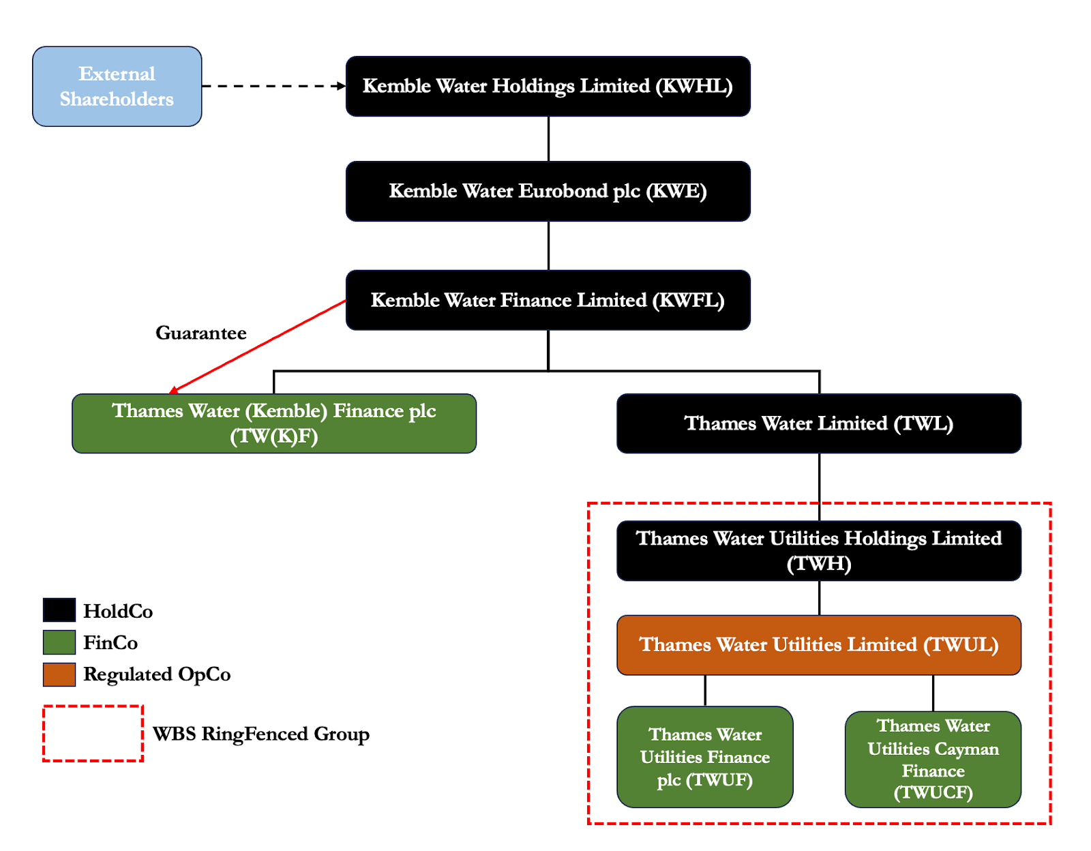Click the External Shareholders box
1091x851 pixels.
click(117, 86)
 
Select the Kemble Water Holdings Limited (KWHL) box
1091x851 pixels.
click(548, 86)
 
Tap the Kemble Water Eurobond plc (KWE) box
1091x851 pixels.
click(548, 191)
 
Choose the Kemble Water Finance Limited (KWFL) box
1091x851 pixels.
click(548, 300)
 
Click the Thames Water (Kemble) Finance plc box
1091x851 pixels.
click(273, 423)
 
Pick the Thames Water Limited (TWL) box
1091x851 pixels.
click(818, 423)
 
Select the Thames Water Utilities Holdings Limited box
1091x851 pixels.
click(818, 550)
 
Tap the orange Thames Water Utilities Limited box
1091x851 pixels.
click(818, 644)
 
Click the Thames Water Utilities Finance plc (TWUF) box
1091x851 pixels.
click(704, 757)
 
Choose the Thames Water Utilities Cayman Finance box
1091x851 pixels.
click(933, 759)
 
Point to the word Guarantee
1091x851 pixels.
click(200, 333)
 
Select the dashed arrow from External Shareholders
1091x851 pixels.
click(273, 86)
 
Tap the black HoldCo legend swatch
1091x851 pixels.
click(59, 610)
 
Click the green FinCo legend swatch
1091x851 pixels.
click(59, 642)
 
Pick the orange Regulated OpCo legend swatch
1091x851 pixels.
click(59, 674)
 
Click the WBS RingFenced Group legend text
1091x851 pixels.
click(260, 734)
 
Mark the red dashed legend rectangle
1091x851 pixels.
click(93, 706)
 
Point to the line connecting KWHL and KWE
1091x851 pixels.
click(548, 138)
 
